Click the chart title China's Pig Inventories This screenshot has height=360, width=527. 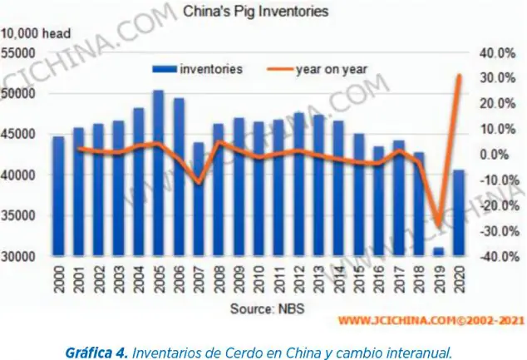[x=255, y=12]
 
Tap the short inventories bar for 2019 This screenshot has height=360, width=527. [x=438, y=251]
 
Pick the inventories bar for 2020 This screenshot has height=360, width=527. [x=458, y=213]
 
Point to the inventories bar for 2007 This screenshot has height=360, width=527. [x=198, y=200]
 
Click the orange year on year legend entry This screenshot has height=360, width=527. [x=320, y=69]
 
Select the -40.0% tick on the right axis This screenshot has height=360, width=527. [x=497, y=257]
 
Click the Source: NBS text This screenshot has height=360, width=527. [x=263, y=309]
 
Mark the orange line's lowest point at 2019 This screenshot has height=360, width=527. [x=438, y=226]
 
